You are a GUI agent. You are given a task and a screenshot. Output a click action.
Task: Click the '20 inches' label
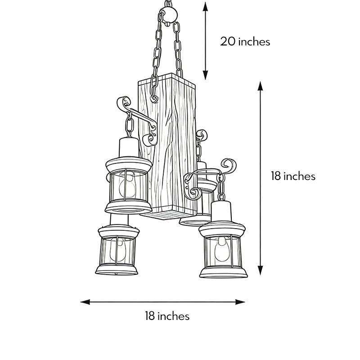coord(245,42)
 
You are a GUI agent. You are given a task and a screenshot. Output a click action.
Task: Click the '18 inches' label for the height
coord(293,176)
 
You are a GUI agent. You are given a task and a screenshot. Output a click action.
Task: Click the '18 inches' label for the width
coord(167,316)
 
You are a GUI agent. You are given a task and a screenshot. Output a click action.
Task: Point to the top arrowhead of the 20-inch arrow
coord(206,5)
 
